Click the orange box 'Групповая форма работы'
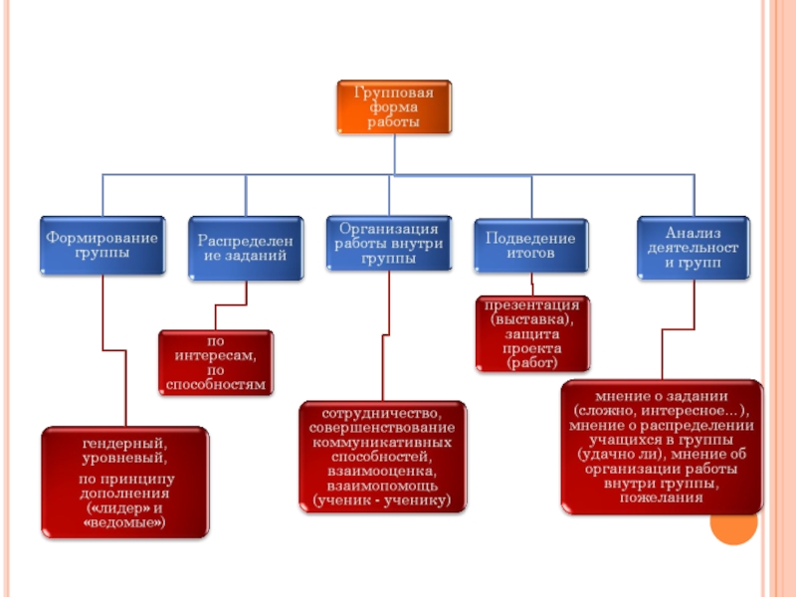tap(394, 106)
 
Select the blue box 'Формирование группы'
tap(102, 245)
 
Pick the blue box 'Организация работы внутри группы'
tap(389, 243)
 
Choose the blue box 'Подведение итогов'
tap(530, 245)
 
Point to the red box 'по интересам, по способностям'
tap(215, 363)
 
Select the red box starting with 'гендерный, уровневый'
tap(125, 482)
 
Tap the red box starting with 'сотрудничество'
tap(382, 456)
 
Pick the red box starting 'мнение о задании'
tap(661, 445)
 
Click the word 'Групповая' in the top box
tap(394, 93)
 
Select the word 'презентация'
tap(531, 304)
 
